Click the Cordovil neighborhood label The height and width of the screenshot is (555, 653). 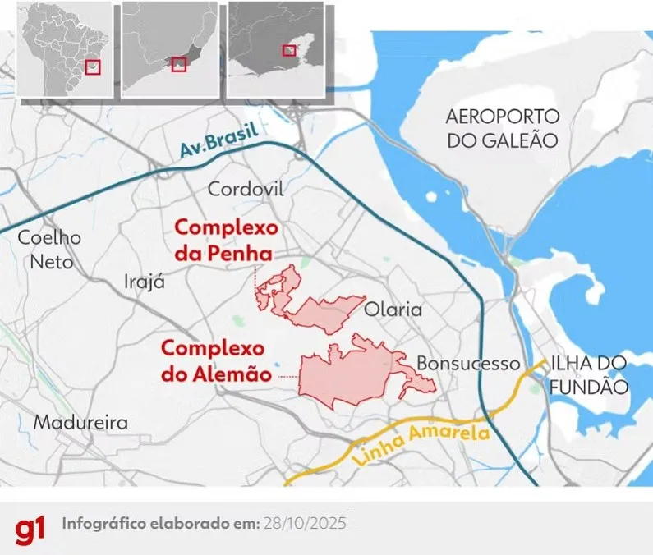point(246,190)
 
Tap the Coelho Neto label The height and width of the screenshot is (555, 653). point(51,250)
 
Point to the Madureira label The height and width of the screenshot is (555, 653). point(81,423)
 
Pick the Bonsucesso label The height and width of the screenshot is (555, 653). point(468,363)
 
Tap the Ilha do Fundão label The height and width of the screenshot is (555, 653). point(589,374)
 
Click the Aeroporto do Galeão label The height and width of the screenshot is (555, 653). point(503,127)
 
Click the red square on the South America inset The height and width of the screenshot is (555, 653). point(93,68)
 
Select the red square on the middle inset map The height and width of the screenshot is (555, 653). point(179,64)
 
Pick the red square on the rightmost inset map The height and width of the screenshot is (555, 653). point(289,50)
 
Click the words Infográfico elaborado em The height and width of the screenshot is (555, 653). point(161,523)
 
